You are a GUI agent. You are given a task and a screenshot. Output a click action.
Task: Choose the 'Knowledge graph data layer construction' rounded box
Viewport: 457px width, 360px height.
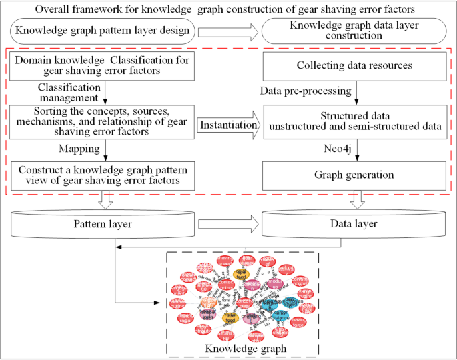(353, 31)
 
